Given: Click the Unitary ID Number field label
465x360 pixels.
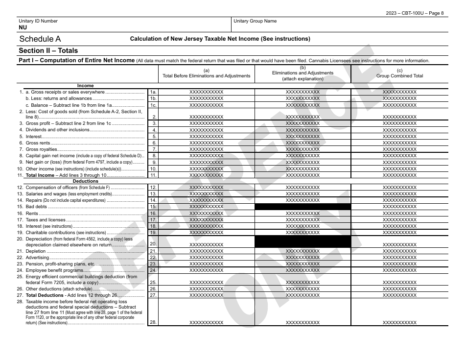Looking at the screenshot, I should (38, 21).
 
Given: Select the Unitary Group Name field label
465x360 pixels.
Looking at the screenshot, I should (255, 21).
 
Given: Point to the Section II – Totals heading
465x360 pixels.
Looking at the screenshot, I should (48, 50).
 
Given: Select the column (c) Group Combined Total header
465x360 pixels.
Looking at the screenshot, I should (399, 73).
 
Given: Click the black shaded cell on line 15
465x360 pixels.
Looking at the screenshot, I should (302, 207).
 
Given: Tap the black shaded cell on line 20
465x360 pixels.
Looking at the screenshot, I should (302, 241).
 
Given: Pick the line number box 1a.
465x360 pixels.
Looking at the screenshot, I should (153, 92).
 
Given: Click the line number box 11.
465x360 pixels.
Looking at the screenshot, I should (153, 175).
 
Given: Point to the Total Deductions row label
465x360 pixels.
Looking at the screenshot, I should (45, 295).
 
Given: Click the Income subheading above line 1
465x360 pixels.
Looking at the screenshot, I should (85, 86).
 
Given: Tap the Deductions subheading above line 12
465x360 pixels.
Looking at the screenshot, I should (85, 181).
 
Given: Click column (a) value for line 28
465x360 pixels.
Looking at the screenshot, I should (206, 322).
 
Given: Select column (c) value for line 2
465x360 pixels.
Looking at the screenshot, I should (399, 117).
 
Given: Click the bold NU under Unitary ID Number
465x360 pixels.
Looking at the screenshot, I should (23, 28).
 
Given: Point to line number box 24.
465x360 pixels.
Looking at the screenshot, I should (153, 270).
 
